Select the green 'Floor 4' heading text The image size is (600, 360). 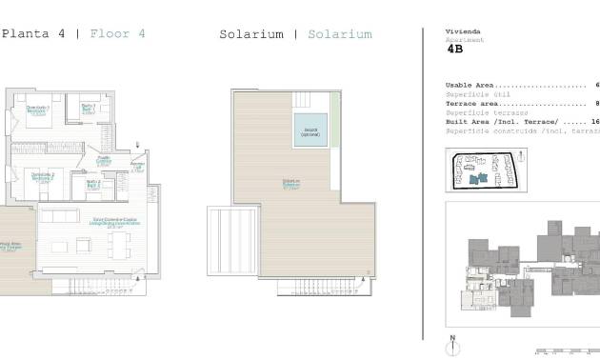(x=117, y=33)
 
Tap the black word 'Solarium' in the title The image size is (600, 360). (x=251, y=34)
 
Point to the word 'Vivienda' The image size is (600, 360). (x=463, y=31)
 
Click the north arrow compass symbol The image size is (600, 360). (x=453, y=344)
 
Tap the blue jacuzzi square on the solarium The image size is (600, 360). (x=310, y=130)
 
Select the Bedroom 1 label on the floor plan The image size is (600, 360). (x=38, y=110)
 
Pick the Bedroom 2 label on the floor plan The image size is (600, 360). (x=41, y=176)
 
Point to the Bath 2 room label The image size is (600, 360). (x=93, y=183)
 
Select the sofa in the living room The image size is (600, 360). (x=59, y=216)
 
